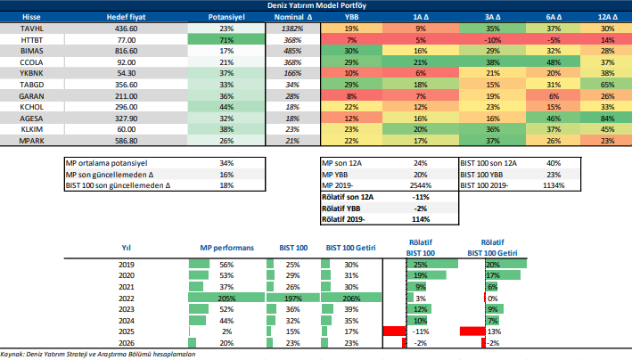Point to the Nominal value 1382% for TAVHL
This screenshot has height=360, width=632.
click(x=290, y=29)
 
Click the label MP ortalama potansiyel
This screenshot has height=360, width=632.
click(x=106, y=163)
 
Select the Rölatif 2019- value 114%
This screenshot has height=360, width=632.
click(x=421, y=219)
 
